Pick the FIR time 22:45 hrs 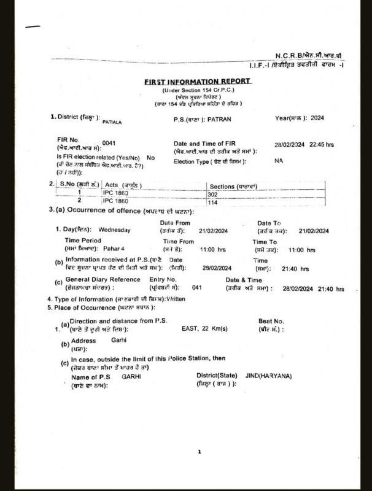click(321, 144)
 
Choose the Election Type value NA click(279, 160)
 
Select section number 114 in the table click(214, 202)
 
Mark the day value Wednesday click(115, 230)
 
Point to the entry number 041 click(197, 287)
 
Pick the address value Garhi click(118, 339)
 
